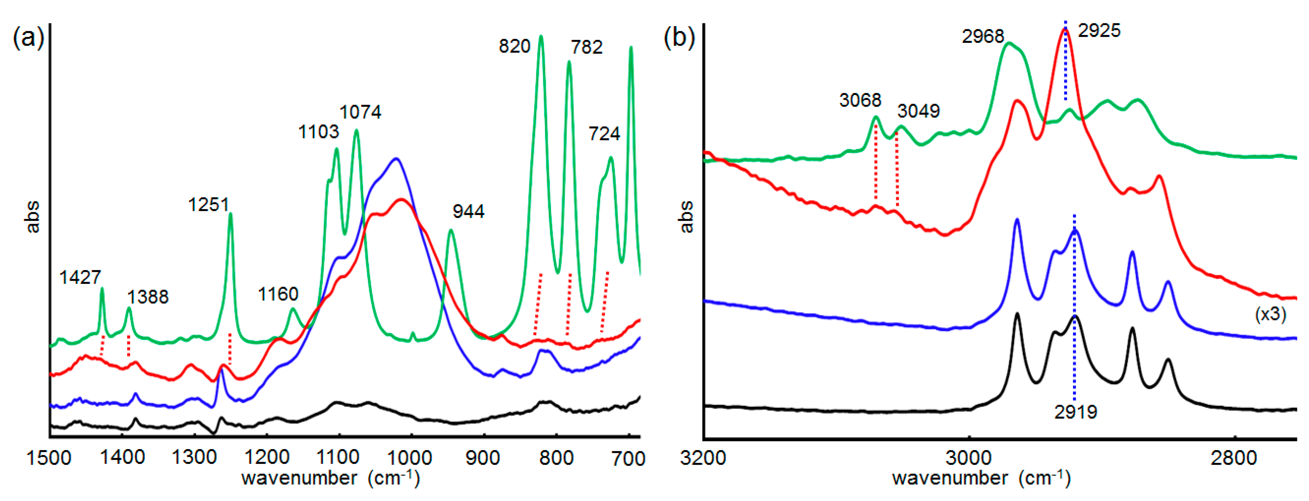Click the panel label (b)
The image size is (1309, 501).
(x=679, y=38)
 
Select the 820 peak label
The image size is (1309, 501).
(x=514, y=46)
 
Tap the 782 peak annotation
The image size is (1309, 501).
(x=586, y=47)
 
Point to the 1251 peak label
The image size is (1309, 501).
(x=208, y=205)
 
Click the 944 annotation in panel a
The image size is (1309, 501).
(x=468, y=211)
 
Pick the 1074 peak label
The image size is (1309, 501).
(x=360, y=112)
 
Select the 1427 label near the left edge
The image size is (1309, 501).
(x=80, y=278)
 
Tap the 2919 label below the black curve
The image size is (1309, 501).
(x=1075, y=412)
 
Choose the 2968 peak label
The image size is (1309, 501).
(x=982, y=37)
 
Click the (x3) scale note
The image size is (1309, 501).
(x=1270, y=315)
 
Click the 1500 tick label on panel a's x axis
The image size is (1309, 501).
(x=49, y=458)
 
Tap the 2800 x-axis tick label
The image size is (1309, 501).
(x=1233, y=458)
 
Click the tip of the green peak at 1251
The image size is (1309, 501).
(x=231, y=214)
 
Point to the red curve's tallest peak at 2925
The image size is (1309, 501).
(x=1065, y=29)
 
